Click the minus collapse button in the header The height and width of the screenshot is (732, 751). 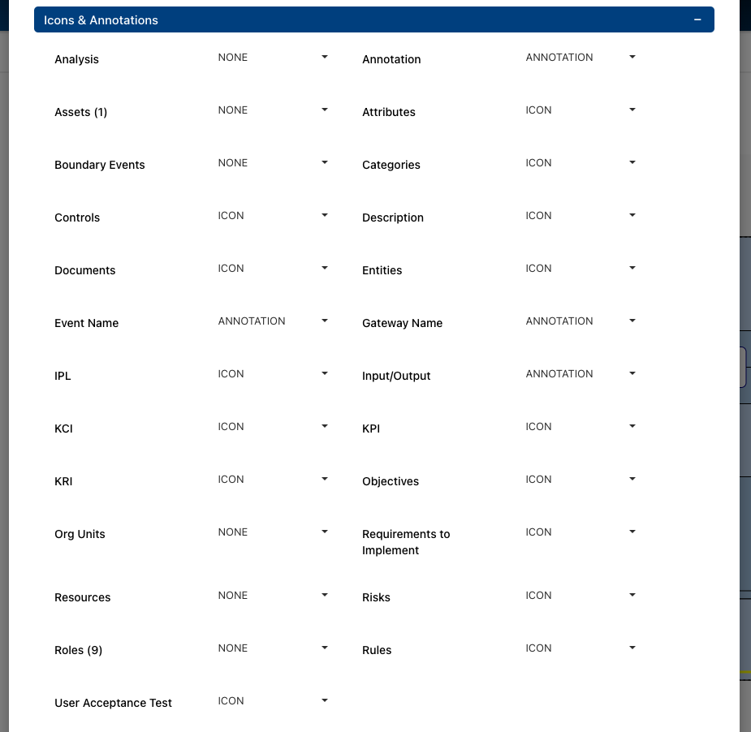click(697, 19)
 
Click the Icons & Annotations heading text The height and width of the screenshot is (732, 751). click(101, 19)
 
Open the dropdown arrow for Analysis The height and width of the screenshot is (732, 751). click(325, 57)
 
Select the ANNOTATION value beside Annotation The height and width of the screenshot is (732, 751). click(559, 58)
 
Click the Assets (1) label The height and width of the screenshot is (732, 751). click(80, 112)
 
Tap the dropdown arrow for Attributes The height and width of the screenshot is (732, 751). click(632, 110)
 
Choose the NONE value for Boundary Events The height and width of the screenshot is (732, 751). click(232, 163)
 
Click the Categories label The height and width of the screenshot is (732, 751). click(391, 165)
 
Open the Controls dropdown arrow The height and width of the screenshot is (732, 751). click(325, 215)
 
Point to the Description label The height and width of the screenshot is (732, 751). click(393, 217)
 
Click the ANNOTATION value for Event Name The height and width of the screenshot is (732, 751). click(252, 321)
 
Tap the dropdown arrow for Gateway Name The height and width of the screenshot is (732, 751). click(632, 321)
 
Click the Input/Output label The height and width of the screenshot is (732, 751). click(396, 376)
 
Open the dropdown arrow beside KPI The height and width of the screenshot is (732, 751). click(632, 426)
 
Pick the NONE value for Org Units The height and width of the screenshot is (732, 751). click(232, 532)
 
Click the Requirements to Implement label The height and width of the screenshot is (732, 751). click(406, 542)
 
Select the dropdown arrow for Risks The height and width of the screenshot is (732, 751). click(632, 595)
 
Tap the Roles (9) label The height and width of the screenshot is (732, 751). click(78, 650)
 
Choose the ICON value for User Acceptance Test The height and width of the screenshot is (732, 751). click(231, 701)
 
